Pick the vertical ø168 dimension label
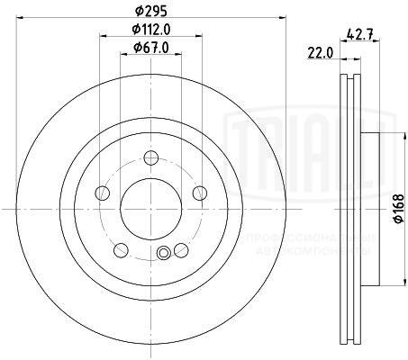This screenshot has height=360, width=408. pyautogui.click(x=396, y=210)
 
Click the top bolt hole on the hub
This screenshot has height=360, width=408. pyautogui.click(x=150, y=161)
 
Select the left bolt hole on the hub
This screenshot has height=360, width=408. pyautogui.click(x=103, y=194)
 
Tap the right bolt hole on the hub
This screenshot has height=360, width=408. pyautogui.click(x=197, y=194)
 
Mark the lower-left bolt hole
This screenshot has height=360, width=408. pyautogui.click(x=121, y=249)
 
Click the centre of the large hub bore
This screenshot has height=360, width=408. pyautogui.click(x=150, y=208)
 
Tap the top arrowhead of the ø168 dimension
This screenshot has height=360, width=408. pyautogui.click(x=384, y=134)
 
